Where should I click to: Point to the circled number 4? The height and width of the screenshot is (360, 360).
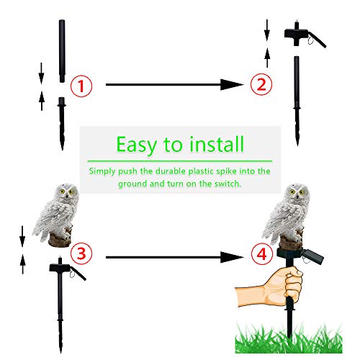[262, 255]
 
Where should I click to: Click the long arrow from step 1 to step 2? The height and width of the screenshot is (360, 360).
[173, 85]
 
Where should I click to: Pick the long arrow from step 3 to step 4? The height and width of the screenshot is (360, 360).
[173, 256]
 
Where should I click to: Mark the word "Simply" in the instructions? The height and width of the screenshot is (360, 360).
[103, 171]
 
